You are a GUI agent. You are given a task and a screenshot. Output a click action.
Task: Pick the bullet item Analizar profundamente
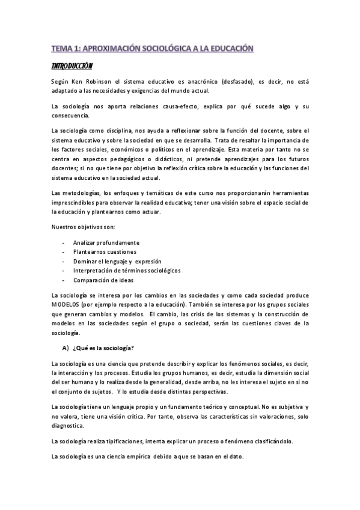(102, 242)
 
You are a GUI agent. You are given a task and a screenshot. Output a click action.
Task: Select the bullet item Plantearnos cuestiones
(105, 251)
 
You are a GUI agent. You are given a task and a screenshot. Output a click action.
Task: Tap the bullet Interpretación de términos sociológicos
(126, 271)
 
